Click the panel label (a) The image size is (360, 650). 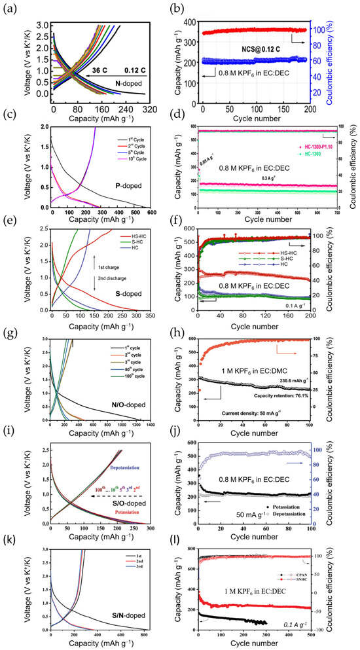(10, 9)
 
